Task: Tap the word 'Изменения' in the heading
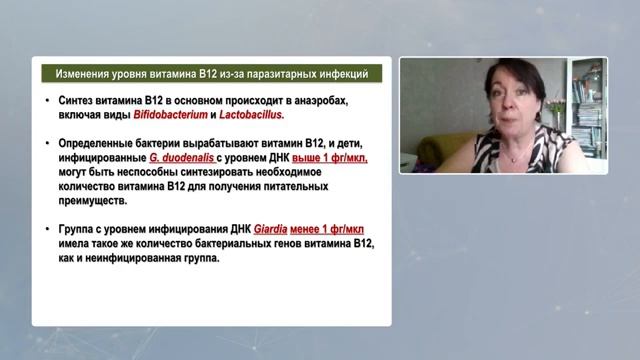82,74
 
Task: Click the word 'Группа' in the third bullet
77,228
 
